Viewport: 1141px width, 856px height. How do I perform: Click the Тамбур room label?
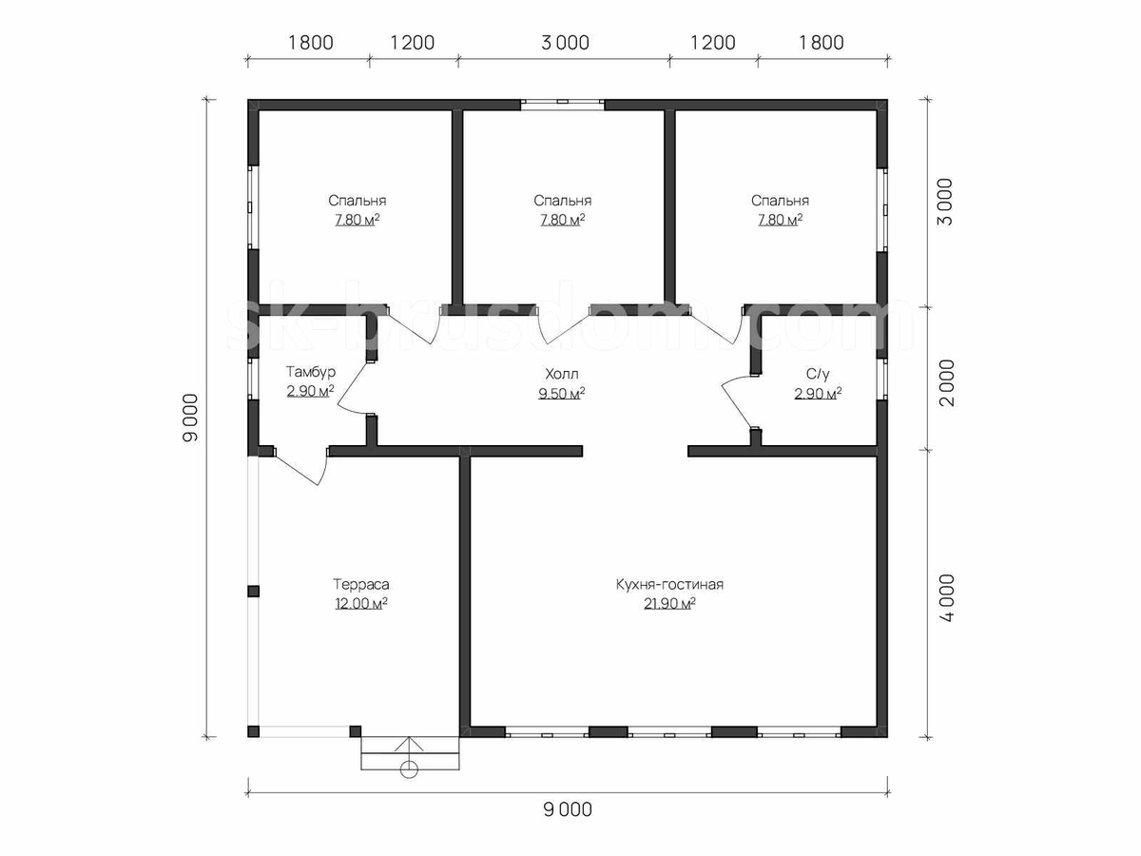tap(310, 372)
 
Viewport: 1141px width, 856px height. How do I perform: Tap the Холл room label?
tap(561, 374)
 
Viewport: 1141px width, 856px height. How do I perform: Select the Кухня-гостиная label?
tap(669, 585)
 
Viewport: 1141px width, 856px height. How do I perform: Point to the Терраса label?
tap(360, 585)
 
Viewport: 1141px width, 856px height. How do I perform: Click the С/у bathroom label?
tap(818, 374)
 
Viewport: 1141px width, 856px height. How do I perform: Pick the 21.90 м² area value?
tap(669, 604)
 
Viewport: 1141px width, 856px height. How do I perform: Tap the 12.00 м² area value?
tap(360, 604)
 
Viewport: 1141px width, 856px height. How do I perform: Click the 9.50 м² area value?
tap(561, 394)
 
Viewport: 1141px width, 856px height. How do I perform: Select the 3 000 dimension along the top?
tap(565, 43)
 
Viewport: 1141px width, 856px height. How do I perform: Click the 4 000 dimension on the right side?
tap(947, 598)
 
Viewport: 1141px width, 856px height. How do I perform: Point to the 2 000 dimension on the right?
tap(947, 383)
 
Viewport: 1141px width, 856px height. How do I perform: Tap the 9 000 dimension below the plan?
tap(568, 809)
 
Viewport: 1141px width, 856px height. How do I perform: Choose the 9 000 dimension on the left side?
tap(191, 418)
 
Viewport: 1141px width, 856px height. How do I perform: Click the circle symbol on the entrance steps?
tap(409, 769)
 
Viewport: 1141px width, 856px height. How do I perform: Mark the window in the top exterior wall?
tap(563, 105)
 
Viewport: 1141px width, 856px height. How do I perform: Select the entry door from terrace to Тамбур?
tap(300, 466)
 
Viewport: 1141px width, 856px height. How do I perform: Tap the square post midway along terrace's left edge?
tap(253, 592)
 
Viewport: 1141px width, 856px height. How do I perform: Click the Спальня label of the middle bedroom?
tap(563, 201)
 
